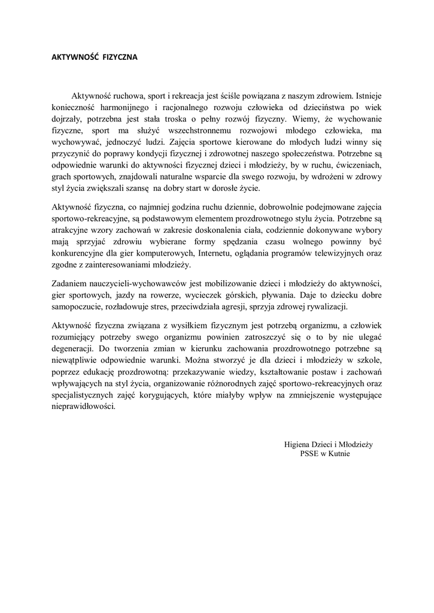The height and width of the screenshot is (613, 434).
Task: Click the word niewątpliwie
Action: pyautogui.click(x=72, y=360)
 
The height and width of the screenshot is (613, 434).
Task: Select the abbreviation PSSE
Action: pyautogui.click(x=309, y=454)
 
